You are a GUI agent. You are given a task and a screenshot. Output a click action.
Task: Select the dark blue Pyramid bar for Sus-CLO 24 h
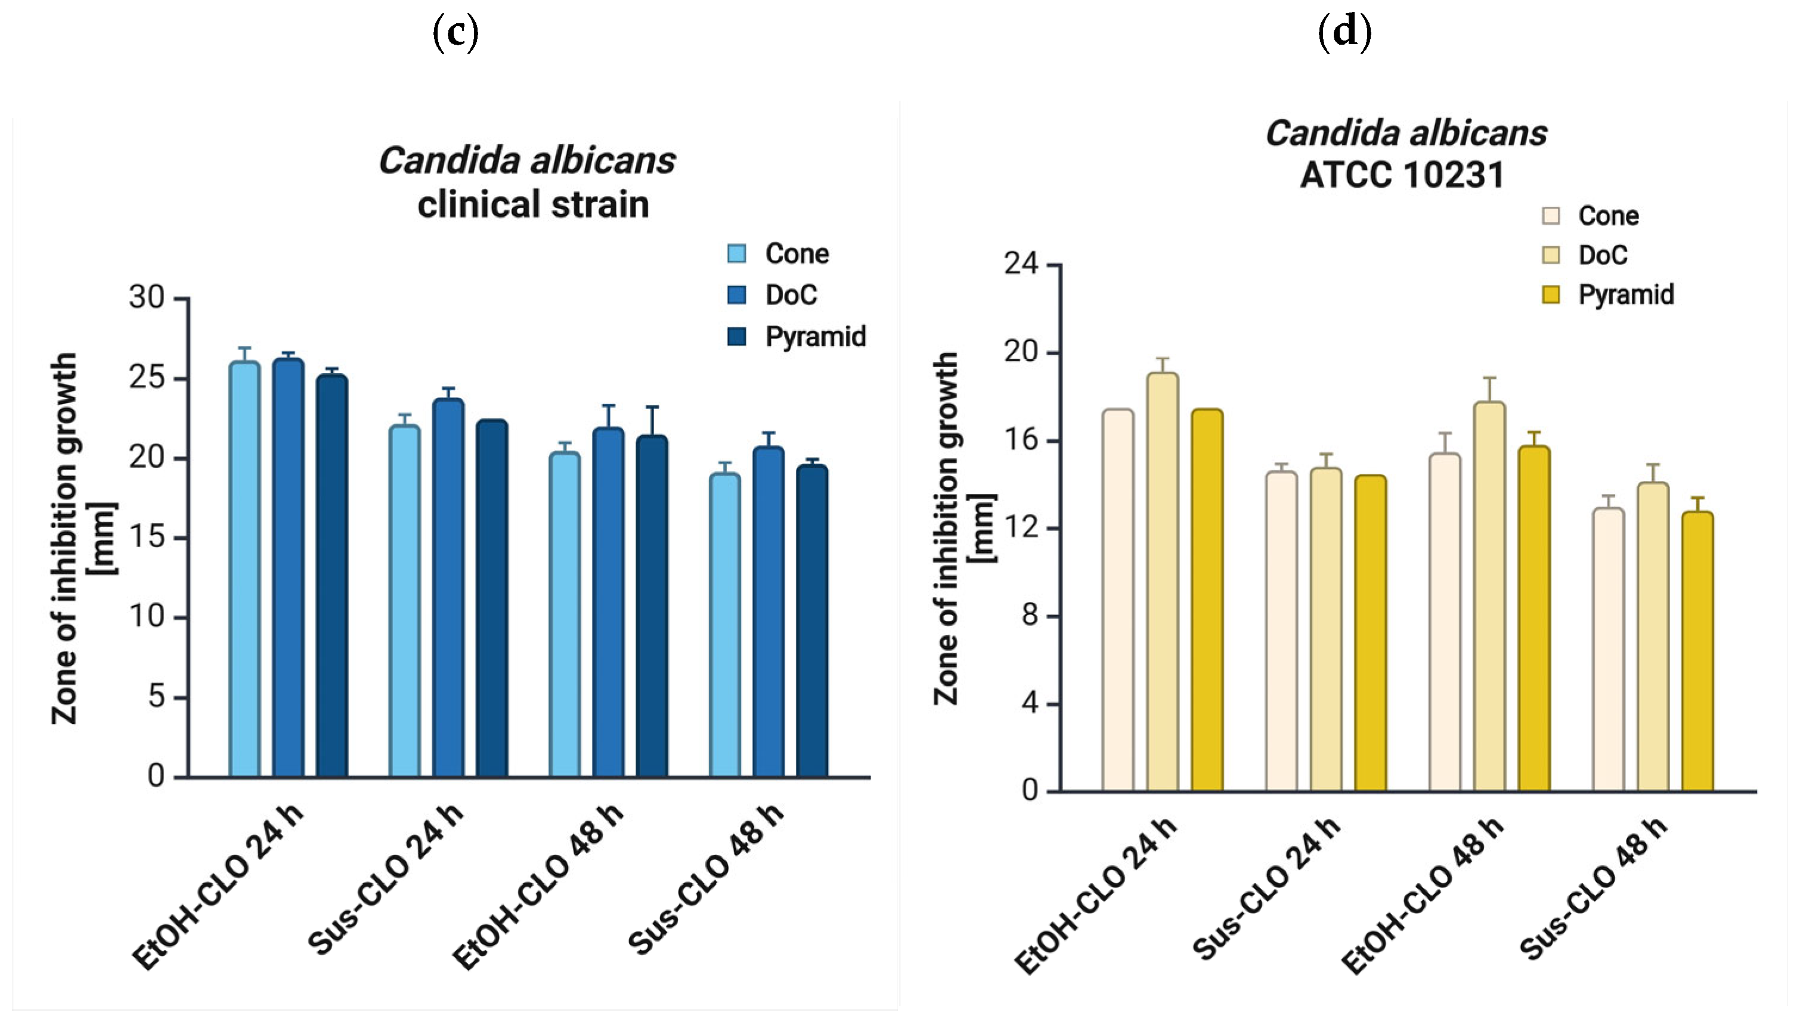(x=491, y=598)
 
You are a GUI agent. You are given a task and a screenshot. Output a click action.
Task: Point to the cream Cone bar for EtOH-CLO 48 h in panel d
(x=1445, y=622)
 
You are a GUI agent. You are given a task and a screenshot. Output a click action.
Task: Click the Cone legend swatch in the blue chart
(x=736, y=253)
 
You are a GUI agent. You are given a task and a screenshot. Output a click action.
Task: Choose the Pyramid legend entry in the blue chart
(x=815, y=337)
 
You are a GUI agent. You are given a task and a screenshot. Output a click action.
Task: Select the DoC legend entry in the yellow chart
(x=1603, y=255)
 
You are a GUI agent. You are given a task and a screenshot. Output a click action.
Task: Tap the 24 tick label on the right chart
(x=1021, y=264)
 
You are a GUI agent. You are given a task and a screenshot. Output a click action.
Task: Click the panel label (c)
(x=455, y=33)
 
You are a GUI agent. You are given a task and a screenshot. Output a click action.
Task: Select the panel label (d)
(x=1344, y=33)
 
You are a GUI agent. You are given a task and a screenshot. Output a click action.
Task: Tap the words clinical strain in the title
(x=533, y=204)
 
